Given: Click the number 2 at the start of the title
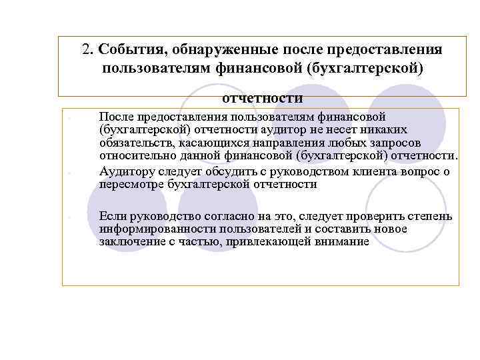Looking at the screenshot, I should (x=86, y=51).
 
